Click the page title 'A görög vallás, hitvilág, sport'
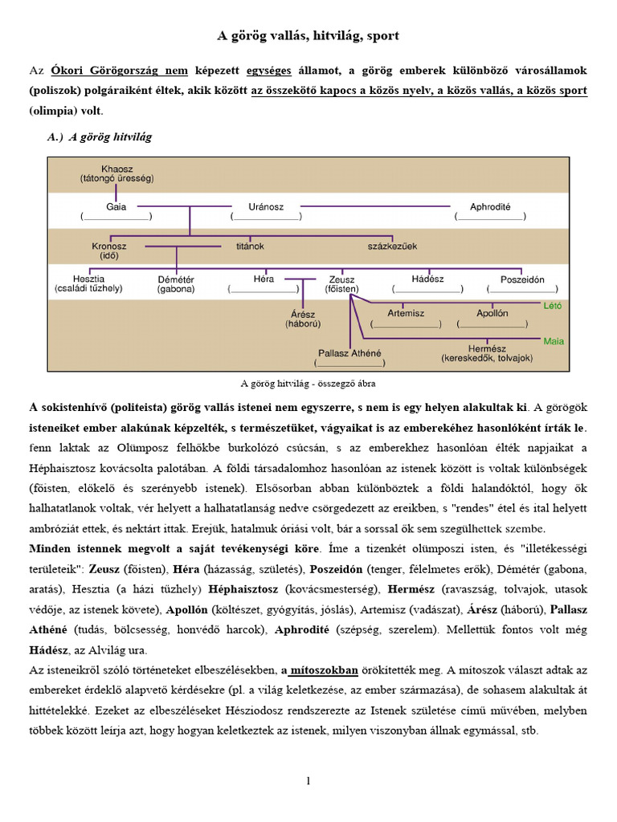pyautogui.click(x=308, y=36)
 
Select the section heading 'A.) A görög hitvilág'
pyautogui.click(x=100, y=137)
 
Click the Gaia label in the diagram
pyautogui.click(x=116, y=206)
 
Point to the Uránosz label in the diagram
pyautogui.click(x=267, y=206)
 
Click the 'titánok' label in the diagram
pyautogui.click(x=251, y=245)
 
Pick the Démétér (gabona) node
pyautogui.click(x=176, y=283)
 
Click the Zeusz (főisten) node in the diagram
pyautogui.click(x=342, y=283)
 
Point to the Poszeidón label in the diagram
pyautogui.click(x=522, y=279)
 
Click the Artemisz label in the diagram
pyautogui.click(x=406, y=313)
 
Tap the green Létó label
pyautogui.click(x=553, y=306)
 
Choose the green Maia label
pyautogui.click(x=554, y=341)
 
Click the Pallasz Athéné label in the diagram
pyautogui.click(x=349, y=352)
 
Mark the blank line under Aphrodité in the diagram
pyautogui.click(x=490, y=217)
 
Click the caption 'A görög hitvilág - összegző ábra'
pyautogui.click(x=308, y=384)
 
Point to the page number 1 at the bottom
pyautogui.click(x=308, y=781)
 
